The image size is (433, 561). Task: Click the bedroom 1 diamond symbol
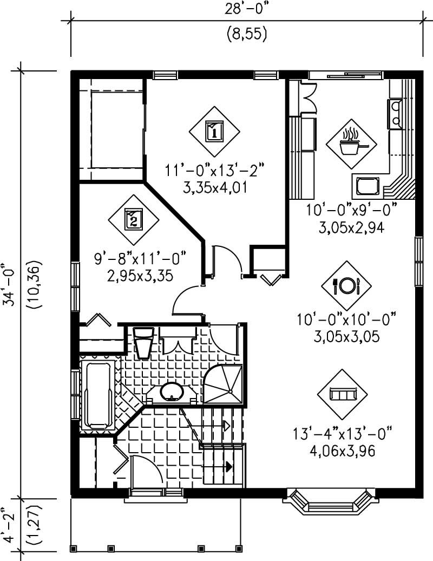point(214,131)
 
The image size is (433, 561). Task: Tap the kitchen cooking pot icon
point(351,144)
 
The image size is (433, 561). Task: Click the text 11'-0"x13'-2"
point(214,170)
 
